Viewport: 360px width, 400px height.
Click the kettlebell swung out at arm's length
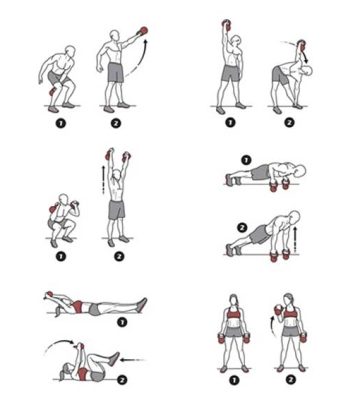[x=143, y=31]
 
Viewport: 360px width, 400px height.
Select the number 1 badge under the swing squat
[x=61, y=124]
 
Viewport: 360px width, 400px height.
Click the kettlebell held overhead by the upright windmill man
[x=227, y=25]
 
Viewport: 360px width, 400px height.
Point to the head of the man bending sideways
[x=307, y=70]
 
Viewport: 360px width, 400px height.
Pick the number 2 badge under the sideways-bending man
[x=289, y=123]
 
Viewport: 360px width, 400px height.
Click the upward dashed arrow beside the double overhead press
[x=103, y=179]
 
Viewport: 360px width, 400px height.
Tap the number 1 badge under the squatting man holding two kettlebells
[x=61, y=257]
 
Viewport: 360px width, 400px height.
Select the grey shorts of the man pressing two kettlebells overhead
[x=117, y=210]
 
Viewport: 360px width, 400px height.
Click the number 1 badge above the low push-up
[x=246, y=160]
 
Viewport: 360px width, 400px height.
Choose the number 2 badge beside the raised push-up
[x=242, y=228]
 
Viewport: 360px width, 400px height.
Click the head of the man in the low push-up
[x=300, y=170]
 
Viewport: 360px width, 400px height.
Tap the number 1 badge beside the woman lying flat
[x=122, y=322]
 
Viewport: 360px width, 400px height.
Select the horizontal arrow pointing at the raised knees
[x=133, y=360]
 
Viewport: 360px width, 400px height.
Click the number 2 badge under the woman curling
[x=291, y=380]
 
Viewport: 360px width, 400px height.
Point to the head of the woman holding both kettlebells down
[x=235, y=301]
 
